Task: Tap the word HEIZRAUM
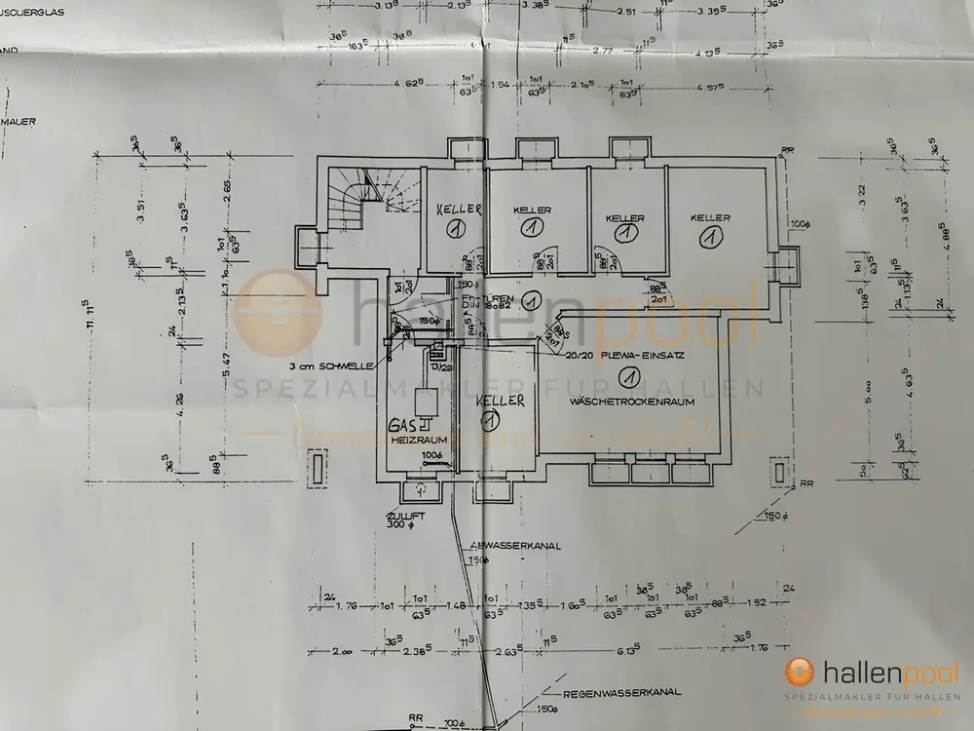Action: pos(411,441)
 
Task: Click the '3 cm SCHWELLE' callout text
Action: pos(330,366)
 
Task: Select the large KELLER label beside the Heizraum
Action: pos(501,401)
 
